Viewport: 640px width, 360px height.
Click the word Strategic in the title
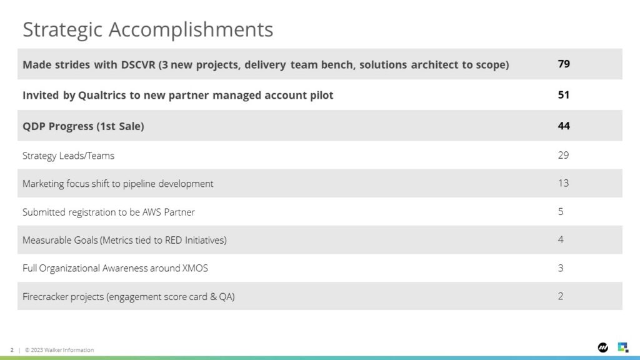coord(62,30)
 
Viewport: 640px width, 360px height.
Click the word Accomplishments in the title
coord(191,29)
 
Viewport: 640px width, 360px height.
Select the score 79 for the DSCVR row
coord(564,64)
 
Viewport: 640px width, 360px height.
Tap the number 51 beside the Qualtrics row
coord(564,95)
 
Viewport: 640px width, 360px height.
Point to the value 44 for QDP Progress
coord(564,126)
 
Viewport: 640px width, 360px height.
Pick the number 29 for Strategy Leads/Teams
coord(563,155)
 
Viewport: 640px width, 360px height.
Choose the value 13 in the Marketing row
coord(563,183)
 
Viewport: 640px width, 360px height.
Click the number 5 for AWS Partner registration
coord(561,211)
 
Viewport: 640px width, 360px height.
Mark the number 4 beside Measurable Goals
coord(561,239)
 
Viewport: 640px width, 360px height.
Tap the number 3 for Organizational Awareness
coord(561,267)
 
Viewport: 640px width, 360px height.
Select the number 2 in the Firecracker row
coord(561,296)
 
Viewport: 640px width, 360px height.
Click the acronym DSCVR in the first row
coord(138,64)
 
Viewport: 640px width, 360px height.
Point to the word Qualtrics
coord(102,95)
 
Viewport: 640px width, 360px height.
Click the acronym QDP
coord(34,126)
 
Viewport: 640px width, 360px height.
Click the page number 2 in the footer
coord(12,350)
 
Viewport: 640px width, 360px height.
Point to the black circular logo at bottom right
coord(603,347)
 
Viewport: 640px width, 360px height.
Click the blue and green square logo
coord(623,347)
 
